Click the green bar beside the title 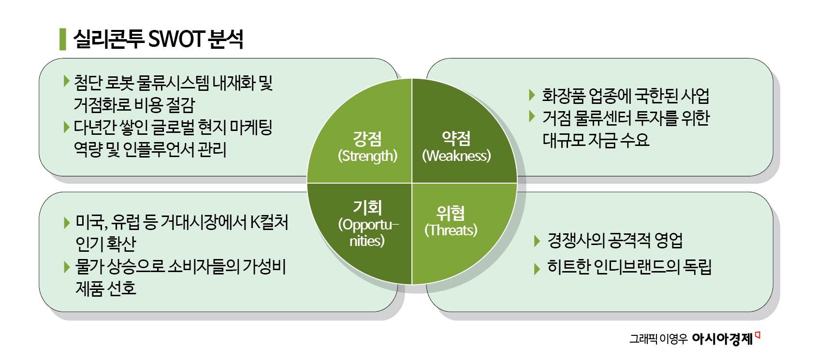tap(62, 39)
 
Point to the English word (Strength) tap(367, 156)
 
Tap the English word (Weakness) tap(456, 156)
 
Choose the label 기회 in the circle tap(367, 207)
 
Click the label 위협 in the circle tap(451, 213)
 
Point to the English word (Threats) tap(451, 230)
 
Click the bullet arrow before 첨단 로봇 tap(66, 81)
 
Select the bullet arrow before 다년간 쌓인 tap(66, 127)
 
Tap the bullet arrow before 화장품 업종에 tap(532, 94)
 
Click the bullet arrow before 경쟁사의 tap(537, 241)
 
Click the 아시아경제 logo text tap(723, 339)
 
